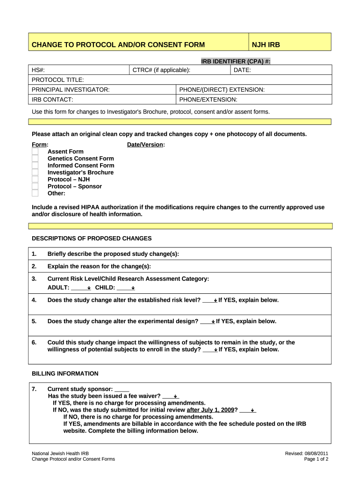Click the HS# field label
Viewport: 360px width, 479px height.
[x=38, y=70]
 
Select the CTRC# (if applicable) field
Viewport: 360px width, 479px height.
[x=180, y=70]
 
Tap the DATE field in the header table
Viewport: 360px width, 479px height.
[x=281, y=70]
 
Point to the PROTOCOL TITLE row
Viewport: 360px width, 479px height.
[x=180, y=80]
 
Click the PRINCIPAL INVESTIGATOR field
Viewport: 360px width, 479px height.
[x=103, y=90]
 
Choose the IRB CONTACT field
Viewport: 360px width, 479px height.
[x=103, y=100]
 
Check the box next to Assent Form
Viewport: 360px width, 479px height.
[x=35, y=152]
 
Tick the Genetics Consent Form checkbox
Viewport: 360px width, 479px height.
[x=35, y=159]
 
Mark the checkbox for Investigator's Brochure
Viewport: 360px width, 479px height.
[x=35, y=173]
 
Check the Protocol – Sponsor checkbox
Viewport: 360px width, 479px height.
[x=35, y=186]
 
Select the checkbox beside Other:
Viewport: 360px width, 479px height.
[x=35, y=193]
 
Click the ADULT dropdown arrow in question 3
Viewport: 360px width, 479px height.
[x=89, y=288]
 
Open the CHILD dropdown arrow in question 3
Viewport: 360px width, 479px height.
[x=133, y=288]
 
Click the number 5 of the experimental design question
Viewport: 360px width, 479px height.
[x=34, y=321]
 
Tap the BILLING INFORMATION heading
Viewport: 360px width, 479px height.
[x=65, y=374]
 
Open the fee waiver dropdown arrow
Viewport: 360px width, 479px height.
[x=175, y=396]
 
